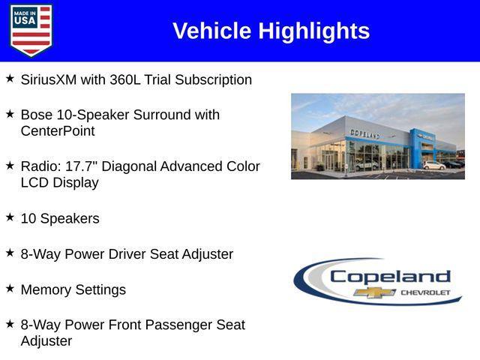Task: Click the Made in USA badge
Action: [31, 30]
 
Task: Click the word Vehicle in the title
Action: [211, 31]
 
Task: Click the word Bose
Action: [37, 115]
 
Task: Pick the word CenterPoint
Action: [58, 131]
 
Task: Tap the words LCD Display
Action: [60, 182]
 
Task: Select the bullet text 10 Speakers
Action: [60, 218]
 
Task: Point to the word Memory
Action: [46, 289]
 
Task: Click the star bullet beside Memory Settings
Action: [10, 288]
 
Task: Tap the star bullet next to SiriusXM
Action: [10, 78]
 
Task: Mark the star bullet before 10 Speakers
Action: [10, 217]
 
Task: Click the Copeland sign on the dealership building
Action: [364, 133]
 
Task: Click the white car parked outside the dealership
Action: [433, 165]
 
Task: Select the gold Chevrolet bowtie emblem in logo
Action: [375, 292]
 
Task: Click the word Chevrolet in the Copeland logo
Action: [425, 292]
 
